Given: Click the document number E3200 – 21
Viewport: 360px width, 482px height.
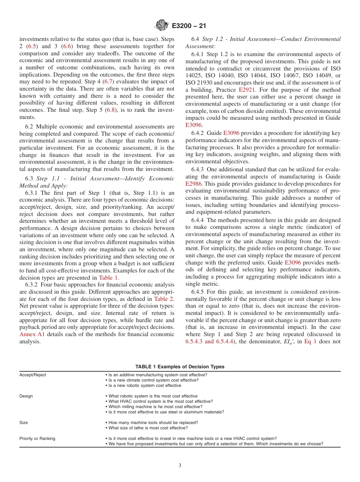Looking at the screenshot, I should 188,26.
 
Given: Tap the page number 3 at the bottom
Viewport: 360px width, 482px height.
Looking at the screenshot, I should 180,466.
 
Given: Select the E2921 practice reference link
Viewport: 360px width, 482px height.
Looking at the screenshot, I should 247,90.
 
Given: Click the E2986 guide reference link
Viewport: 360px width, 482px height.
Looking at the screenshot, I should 194,183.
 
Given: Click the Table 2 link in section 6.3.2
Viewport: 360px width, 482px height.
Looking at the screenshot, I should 164,299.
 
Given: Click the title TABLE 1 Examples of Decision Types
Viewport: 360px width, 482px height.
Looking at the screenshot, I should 180,366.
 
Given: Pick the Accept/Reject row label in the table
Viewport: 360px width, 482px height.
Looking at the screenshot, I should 33,375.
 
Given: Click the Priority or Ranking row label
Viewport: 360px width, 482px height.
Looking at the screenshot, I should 37,438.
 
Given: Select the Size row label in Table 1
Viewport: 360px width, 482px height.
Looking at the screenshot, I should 23,423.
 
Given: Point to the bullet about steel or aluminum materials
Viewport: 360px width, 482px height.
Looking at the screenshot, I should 164,412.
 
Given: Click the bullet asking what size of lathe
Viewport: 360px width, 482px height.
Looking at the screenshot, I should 147,428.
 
